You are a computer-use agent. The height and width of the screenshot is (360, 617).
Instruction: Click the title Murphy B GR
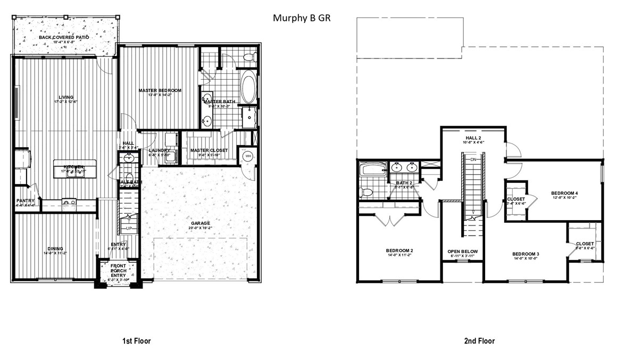point(302,18)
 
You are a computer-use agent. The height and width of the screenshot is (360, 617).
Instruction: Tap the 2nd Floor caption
point(480,341)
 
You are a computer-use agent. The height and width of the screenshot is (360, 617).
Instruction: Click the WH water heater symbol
point(248,156)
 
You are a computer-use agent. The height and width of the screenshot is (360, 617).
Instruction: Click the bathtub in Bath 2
point(371,171)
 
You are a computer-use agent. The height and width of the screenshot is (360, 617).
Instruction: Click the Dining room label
point(55,248)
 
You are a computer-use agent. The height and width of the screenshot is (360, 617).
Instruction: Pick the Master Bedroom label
point(160,90)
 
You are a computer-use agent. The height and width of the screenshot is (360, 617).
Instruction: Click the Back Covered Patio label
point(63,37)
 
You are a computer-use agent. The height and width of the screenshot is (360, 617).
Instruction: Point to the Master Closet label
point(209,150)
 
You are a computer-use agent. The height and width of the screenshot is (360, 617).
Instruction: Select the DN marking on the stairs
point(472,160)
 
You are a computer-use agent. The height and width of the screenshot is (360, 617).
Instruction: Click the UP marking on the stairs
point(129,229)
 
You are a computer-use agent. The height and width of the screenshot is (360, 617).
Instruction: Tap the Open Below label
point(462,252)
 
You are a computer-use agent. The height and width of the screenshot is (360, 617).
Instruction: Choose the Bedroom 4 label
point(564,192)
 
